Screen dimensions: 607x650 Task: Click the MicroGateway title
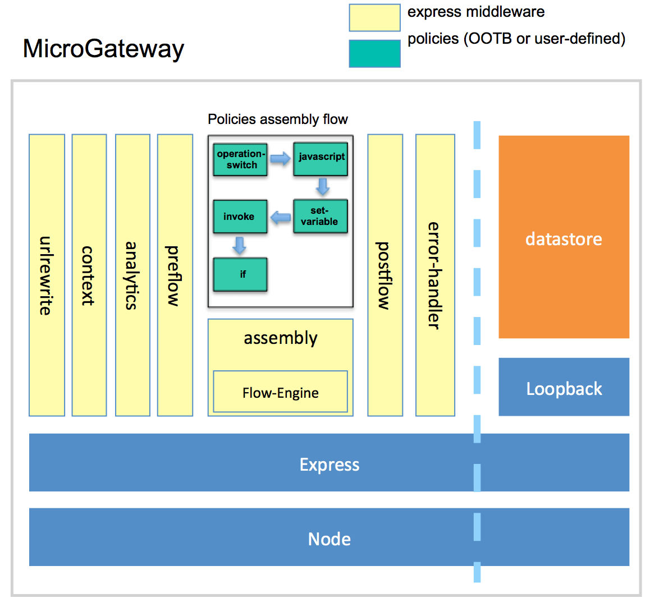pyautogui.click(x=103, y=49)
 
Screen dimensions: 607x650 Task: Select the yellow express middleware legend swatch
pyautogui.click(x=374, y=17)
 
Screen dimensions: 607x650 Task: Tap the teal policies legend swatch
pyautogui.click(x=374, y=54)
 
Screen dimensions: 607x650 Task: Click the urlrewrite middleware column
pyautogui.click(x=47, y=275)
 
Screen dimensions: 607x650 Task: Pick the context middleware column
pyautogui.click(x=89, y=275)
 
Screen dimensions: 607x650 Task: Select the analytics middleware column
pyautogui.click(x=132, y=275)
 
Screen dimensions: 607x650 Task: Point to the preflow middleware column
pyautogui.click(x=175, y=275)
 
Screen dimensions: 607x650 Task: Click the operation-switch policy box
pyautogui.click(x=240, y=159)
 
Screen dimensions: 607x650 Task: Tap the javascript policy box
pyautogui.click(x=321, y=159)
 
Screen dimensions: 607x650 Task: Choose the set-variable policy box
pyautogui.click(x=320, y=216)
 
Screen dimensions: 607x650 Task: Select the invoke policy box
pyautogui.click(x=240, y=217)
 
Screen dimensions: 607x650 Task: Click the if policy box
pyautogui.click(x=240, y=274)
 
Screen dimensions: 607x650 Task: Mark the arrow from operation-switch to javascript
pyautogui.click(x=280, y=159)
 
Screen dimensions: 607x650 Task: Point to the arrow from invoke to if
pyautogui.click(x=240, y=245)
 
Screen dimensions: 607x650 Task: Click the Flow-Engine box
pyautogui.click(x=280, y=392)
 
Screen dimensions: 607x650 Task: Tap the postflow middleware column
pyautogui.click(x=385, y=275)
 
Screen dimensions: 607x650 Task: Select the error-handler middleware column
pyautogui.click(x=435, y=275)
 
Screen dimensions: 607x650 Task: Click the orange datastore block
pyautogui.click(x=564, y=237)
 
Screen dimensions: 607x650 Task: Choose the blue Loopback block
pyautogui.click(x=564, y=387)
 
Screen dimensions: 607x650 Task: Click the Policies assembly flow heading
pyautogui.click(x=278, y=119)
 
